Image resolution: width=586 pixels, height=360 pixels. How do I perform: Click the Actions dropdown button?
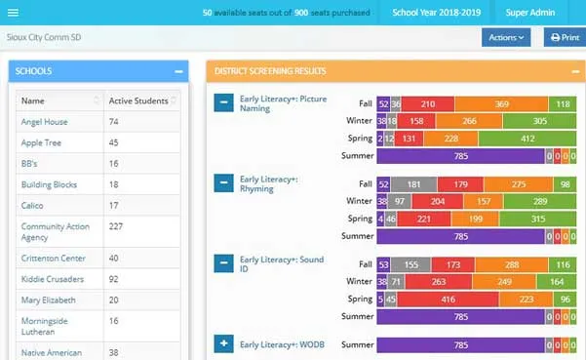pos(505,37)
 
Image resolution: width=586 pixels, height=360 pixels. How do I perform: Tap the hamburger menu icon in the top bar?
pos(13,12)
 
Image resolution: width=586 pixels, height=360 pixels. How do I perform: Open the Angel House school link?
pos(42,121)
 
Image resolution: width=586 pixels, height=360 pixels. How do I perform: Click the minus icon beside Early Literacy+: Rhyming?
pos(223,182)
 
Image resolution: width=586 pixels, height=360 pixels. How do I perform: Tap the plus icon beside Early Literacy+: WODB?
pos(223,343)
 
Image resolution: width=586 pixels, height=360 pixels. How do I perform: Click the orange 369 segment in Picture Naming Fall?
pos(501,103)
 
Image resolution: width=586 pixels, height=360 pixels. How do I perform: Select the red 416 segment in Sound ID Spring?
pos(449,299)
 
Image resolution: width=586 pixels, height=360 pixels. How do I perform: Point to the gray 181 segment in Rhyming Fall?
pos(414,183)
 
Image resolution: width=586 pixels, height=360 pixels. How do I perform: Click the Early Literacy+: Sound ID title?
pos(283,265)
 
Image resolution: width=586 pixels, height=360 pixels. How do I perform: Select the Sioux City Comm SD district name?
pos(43,36)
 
